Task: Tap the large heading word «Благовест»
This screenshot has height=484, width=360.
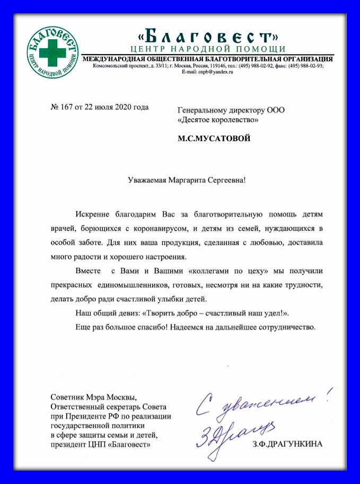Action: point(208,36)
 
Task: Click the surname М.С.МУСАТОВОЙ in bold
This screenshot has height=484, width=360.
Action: point(215,139)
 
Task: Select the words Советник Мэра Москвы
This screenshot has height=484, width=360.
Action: point(93,398)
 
